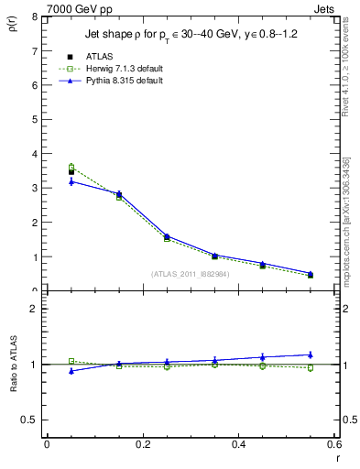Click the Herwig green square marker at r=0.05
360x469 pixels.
click(71, 167)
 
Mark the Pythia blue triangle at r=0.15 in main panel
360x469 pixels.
click(119, 193)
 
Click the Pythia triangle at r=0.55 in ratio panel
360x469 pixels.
click(311, 354)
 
